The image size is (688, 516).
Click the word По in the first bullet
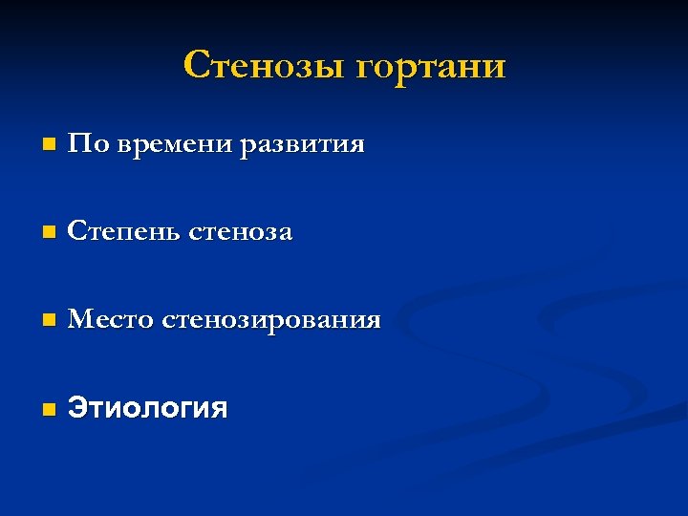click(83, 145)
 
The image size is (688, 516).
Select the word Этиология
click(148, 410)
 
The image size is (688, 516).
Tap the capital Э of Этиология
click(76, 410)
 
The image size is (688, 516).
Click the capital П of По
click(77, 145)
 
